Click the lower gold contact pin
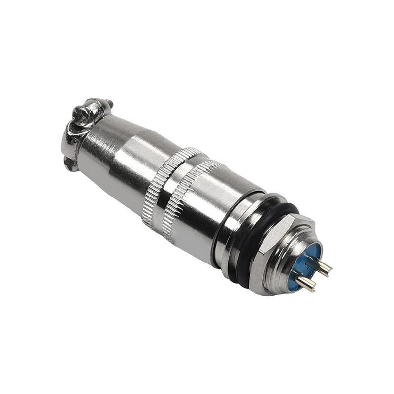(306, 283)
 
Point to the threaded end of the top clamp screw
(109, 104)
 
